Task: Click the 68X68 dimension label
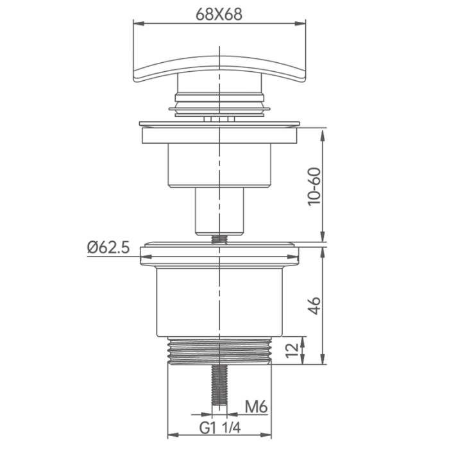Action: click(x=219, y=14)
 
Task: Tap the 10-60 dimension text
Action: click(x=314, y=186)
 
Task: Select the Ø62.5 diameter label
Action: click(x=108, y=248)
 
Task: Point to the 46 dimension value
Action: click(x=315, y=306)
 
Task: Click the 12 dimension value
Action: click(x=292, y=350)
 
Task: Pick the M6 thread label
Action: click(x=257, y=407)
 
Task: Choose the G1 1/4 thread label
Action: click(x=220, y=428)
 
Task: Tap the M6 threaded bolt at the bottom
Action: click(x=219, y=385)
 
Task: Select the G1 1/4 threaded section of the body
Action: click(x=219, y=350)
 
